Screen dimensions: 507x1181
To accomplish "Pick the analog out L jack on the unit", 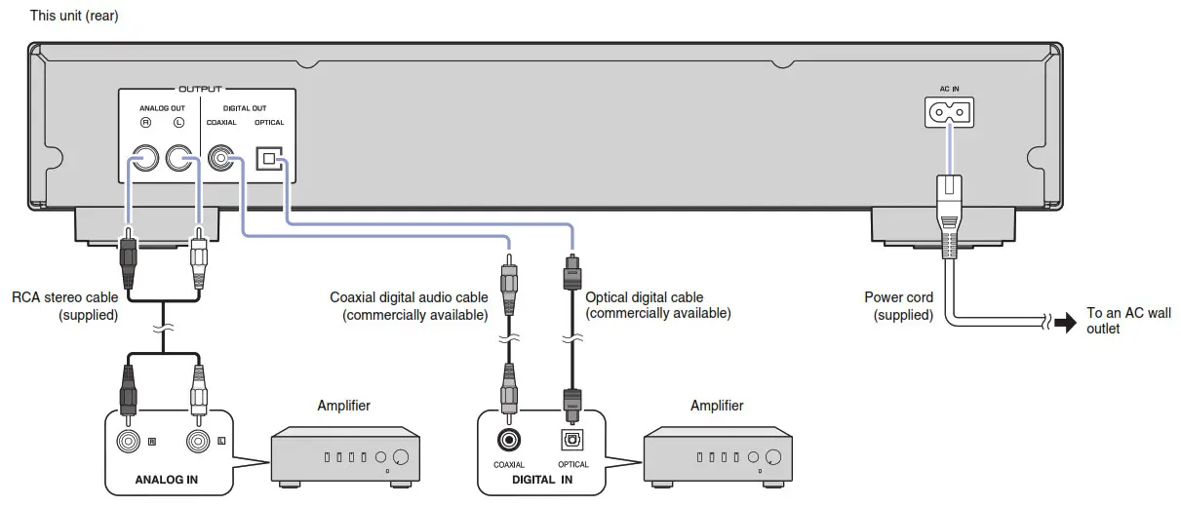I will coord(179,159).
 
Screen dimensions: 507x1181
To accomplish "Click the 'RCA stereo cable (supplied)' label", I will coord(65,306).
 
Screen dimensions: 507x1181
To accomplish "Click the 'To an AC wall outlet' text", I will coord(1127,321).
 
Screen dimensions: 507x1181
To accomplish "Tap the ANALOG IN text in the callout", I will coord(168,479).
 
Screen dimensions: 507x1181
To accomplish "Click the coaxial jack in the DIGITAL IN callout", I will coord(508,440).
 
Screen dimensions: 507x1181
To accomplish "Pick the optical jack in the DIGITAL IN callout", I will coord(572,440).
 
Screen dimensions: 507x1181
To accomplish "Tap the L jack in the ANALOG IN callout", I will coord(199,442).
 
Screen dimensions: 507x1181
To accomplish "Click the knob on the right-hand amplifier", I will coord(773,457).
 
